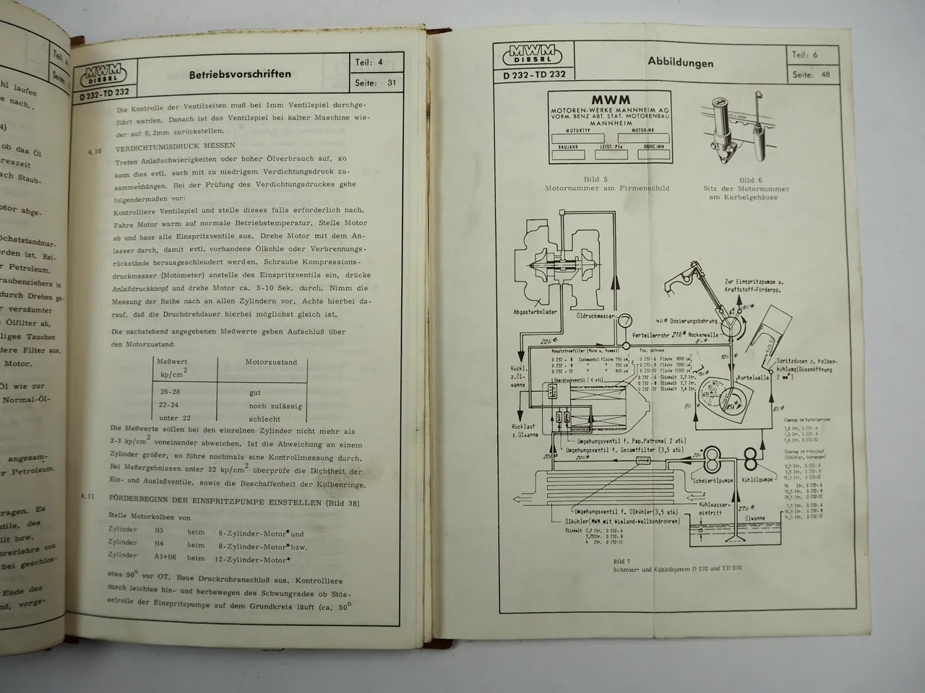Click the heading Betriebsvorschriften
240,74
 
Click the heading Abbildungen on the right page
680,63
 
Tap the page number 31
392,82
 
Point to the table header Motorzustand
271,362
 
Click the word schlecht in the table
264,418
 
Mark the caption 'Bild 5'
595,179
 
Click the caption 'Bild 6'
746,180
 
